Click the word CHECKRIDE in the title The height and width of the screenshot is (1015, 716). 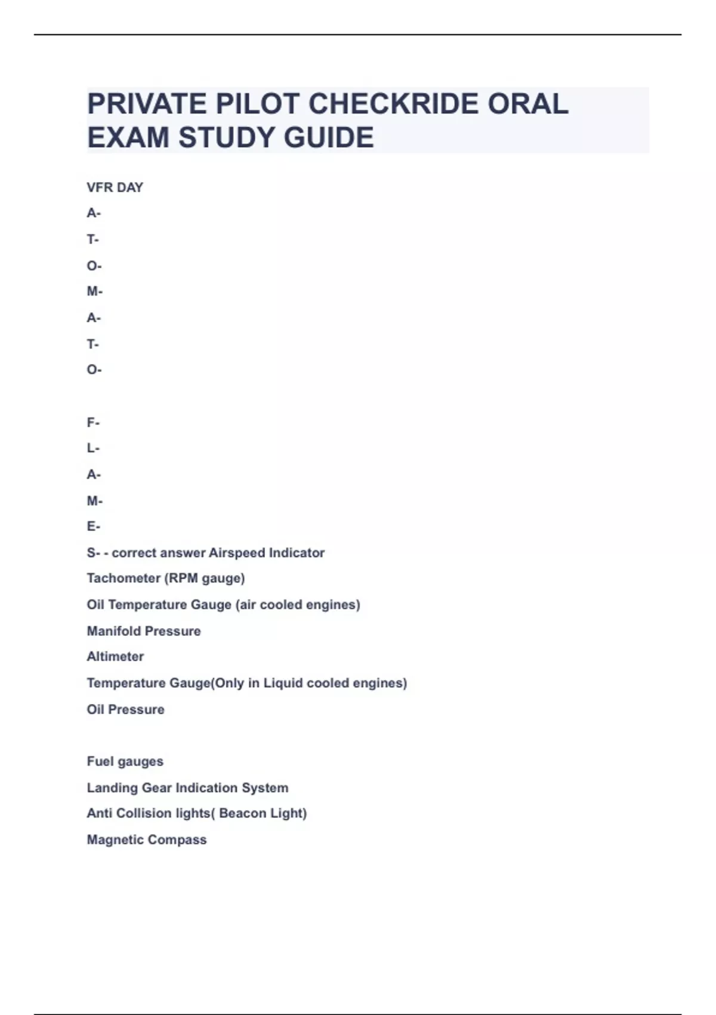pyautogui.click(x=393, y=104)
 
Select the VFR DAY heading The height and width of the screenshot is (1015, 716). pyautogui.click(x=115, y=187)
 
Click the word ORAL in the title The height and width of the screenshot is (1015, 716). pyautogui.click(x=528, y=104)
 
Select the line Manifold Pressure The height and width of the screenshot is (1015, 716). pyautogui.click(x=144, y=631)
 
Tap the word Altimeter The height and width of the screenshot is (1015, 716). pyautogui.click(x=115, y=657)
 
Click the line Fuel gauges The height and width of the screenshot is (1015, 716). pyautogui.click(x=125, y=761)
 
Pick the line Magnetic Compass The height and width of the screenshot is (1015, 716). pyautogui.click(x=147, y=839)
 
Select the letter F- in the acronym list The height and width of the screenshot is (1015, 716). pyautogui.click(x=93, y=423)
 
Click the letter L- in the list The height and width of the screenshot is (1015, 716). pyautogui.click(x=93, y=448)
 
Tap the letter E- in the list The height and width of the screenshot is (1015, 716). pyautogui.click(x=93, y=527)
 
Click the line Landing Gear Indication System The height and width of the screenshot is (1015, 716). pyautogui.click(x=187, y=788)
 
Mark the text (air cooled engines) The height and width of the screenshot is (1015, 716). pyautogui.click(x=298, y=605)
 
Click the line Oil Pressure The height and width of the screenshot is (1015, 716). pyautogui.click(x=125, y=709)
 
